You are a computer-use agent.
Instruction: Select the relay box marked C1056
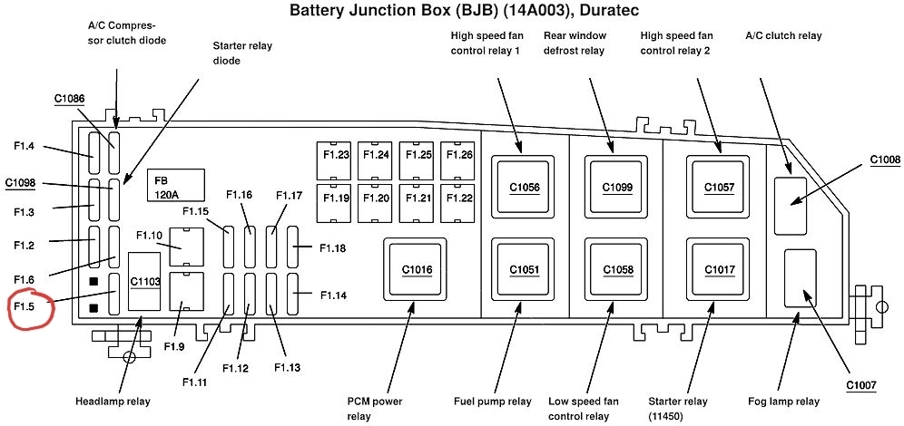tap(524, 187)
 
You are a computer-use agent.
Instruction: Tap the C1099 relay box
tap(617, 187)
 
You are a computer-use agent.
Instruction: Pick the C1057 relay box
tap(719, 187)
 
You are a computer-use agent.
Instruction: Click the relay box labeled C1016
tap(417, 269)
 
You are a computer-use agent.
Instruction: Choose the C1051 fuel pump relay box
tap(524, 269)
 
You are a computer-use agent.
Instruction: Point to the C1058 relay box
tap(617, 269)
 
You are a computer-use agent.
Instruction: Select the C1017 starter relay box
tap(719, 269)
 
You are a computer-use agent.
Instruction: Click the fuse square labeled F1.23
tap(335, 156)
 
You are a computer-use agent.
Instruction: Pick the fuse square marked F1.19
tap(335, 197)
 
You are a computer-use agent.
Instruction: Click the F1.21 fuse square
tap(418, 197)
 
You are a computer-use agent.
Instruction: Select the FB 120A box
tap(172, 187)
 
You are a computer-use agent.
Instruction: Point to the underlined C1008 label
tap(885, 160)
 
